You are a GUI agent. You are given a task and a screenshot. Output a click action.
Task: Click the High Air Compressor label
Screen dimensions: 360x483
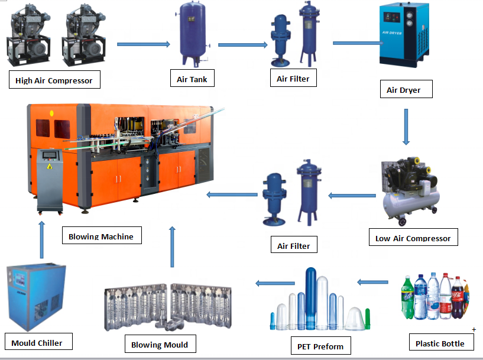(54, 80)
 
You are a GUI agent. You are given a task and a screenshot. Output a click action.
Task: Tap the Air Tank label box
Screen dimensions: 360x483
(192, 79)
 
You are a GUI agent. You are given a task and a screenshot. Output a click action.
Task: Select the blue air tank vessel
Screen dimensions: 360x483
(192, 35)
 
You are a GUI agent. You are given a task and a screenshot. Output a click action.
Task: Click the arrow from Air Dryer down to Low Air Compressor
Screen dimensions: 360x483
(406, 127)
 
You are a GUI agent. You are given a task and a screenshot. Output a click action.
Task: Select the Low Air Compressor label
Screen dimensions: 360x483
(413, 239)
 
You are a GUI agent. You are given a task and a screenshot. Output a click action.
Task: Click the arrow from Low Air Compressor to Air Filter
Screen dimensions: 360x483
(353, 194)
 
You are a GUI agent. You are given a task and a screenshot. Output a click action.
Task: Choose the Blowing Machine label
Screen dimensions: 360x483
(101, 236)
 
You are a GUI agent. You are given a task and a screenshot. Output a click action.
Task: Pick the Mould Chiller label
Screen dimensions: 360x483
(37, 343)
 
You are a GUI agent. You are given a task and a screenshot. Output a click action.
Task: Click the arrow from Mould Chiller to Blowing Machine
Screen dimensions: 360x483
(41, 239)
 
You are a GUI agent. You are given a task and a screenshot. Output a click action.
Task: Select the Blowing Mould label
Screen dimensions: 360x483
(160, 345)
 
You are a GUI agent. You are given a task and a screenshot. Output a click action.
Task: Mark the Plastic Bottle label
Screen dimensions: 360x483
(440, 343)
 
